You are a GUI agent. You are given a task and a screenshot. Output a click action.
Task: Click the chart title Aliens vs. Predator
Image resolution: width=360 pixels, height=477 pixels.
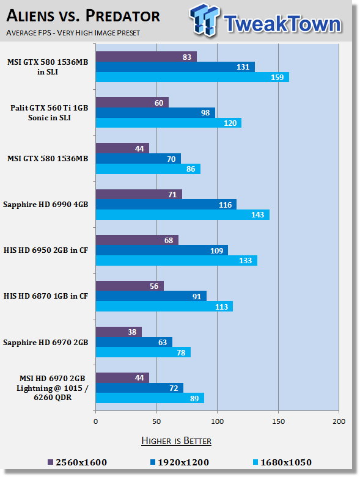click(83, 16)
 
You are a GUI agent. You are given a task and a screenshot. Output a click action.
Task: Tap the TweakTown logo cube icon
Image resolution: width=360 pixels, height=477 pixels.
click(204, 20)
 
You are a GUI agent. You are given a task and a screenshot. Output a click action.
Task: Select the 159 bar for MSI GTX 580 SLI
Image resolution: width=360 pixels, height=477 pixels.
click(193, 78)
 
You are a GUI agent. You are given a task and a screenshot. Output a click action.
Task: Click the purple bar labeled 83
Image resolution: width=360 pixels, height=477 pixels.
click(146, 57)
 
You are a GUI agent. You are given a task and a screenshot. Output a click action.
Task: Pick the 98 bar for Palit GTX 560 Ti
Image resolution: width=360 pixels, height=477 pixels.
click(155, 113)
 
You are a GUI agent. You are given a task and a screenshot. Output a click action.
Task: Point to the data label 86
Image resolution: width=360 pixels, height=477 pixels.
click(191, 169)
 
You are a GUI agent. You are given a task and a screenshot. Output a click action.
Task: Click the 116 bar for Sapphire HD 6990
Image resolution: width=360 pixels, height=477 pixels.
click(166, 205)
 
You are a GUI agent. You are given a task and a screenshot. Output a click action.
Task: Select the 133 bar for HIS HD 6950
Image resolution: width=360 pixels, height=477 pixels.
click(177, 261)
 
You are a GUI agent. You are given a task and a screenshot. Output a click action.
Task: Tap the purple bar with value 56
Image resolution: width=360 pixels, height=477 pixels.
click(130, 286)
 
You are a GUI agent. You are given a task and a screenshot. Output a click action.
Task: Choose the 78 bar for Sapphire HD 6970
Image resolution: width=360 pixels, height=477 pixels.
click(144, 352)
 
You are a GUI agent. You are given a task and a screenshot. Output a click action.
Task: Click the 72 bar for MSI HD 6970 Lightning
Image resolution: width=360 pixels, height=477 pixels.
click(139, 388)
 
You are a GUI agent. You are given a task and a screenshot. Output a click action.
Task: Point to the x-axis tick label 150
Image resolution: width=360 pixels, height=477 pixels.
click(278, 421)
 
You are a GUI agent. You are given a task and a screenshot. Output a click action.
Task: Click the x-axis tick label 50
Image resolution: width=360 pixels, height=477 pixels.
click(156, 421)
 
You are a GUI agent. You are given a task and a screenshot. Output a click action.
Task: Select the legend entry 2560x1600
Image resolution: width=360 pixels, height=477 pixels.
click(78, 463)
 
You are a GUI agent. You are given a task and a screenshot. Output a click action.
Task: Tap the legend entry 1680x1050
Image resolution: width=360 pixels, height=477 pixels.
click(282, 463)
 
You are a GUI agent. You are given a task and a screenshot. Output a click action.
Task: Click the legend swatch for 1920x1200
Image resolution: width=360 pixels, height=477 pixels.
click(153, 462)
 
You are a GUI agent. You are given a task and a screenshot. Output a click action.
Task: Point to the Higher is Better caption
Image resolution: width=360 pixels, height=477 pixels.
click(176, 441)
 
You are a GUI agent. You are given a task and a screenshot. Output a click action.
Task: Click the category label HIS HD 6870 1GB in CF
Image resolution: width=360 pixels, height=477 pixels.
click(46, 296)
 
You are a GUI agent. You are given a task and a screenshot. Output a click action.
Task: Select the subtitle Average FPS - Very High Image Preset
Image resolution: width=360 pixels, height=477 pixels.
click(73, 33)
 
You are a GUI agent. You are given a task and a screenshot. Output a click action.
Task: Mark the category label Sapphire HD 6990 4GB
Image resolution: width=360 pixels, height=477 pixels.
click(46, 205)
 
